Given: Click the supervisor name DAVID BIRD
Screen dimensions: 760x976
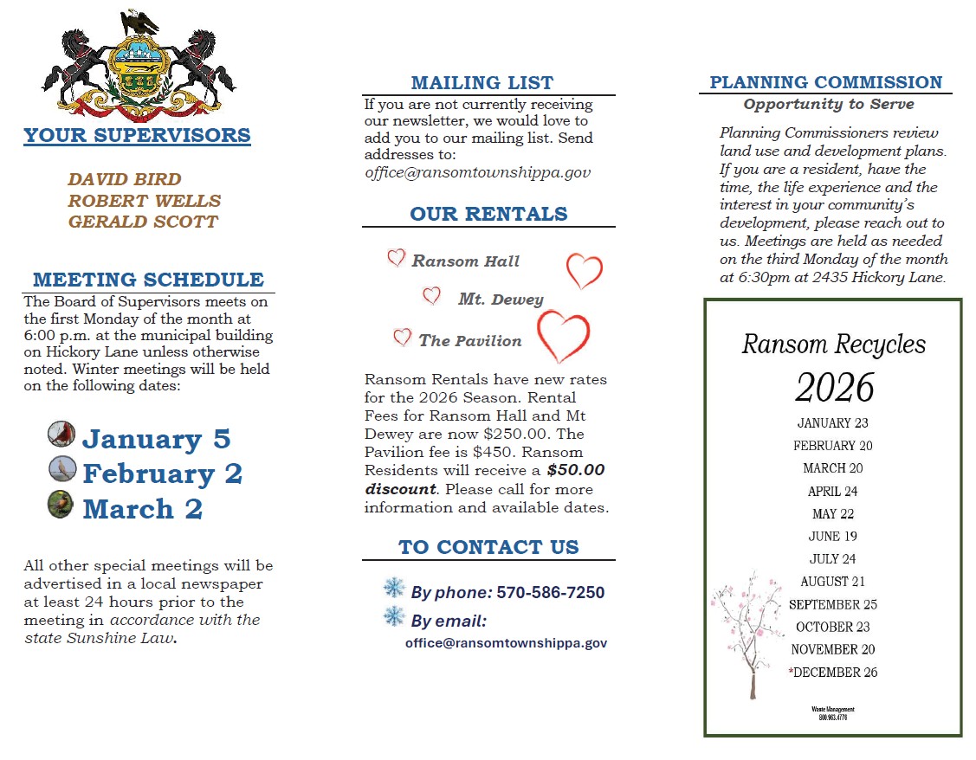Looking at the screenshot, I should (125, 180).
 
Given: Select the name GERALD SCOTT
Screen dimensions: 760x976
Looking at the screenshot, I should (143, 222).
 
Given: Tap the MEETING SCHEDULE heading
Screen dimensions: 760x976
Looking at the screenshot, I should (148, 280).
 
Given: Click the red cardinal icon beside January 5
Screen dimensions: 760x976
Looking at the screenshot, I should (61, 434).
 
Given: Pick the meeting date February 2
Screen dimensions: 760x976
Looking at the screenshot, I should (162, 474).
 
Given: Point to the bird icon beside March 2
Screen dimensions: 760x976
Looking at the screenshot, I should (61, 504).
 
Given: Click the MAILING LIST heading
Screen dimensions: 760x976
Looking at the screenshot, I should (482, 83).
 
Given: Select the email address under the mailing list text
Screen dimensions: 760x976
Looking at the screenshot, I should (477, 172).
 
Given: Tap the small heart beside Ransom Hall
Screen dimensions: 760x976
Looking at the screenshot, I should (396, 258).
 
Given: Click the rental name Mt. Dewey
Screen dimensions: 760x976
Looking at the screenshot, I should (501, 299).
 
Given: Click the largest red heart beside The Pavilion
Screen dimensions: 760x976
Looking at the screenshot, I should (564, 336).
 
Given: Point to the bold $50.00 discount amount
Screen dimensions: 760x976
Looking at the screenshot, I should (575, 470).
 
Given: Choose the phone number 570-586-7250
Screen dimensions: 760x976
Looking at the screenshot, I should (550, 593).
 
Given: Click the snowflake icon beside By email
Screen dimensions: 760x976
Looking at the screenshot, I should (394, 617).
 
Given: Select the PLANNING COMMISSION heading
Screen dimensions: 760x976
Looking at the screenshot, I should (825, 82).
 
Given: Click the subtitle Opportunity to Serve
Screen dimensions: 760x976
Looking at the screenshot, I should (828, 105).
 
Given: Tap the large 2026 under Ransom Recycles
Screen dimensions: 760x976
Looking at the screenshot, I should (835, 389).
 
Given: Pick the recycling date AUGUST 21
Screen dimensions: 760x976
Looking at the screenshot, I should (832, 582).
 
